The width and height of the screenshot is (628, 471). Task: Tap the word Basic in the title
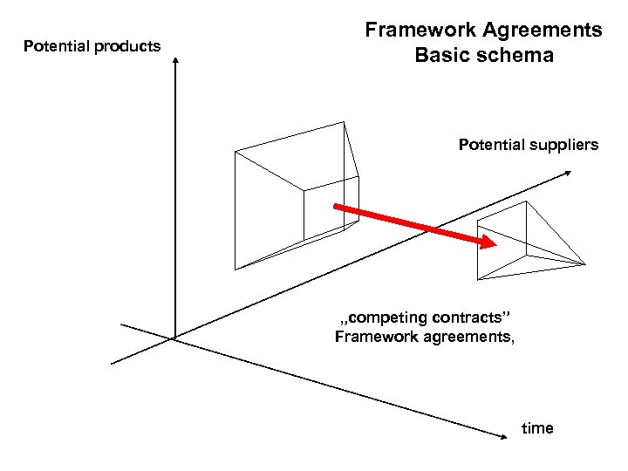(440, 56)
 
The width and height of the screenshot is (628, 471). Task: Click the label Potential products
(92, 46)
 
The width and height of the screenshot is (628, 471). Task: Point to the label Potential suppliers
(529, 145)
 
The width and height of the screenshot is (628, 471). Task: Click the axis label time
(537, 428)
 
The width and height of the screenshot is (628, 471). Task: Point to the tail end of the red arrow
(336, 208)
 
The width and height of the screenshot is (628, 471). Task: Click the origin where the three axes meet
(175, 337)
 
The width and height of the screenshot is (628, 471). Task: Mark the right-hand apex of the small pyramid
(585, 263)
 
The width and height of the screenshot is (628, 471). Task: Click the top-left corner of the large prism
(235, 151)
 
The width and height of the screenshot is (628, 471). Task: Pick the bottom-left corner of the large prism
(235, 268)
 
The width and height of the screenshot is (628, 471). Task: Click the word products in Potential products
(127, 46)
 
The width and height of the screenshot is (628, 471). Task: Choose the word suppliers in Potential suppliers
(564, 145)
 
